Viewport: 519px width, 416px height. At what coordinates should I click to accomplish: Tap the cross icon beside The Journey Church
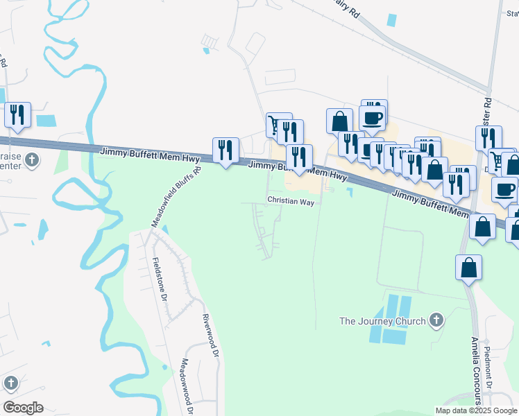pyautogui.click(x=436, y=320)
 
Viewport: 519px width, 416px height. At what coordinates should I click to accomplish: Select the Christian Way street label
pyautogui.click(x=291, y=201)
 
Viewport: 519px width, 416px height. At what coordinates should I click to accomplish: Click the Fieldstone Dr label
pyautogui.click(x=160, y=279)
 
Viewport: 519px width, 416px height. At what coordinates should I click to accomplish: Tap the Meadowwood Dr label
pyautogui.click(x=186, y=385)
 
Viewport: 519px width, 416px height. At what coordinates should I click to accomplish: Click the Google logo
pyautogui.click(x=24, y=407)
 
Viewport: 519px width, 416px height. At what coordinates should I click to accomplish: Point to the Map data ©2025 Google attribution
pyautogui.click(x=476, y=410)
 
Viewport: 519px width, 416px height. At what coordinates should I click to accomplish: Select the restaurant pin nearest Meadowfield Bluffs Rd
pyautogui.click(x=226, y=150)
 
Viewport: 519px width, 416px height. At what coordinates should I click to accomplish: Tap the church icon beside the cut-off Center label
pyautogui.click(x=31, y=161)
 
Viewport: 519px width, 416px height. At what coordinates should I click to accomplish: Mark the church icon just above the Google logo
pyautogui.click(x=10, y=383)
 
